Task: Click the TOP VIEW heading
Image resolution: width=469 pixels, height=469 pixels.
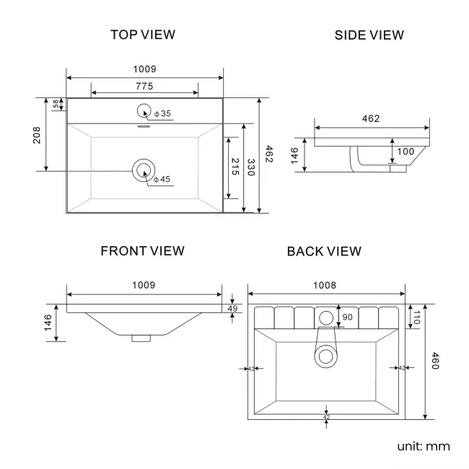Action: click(x=143, y=34)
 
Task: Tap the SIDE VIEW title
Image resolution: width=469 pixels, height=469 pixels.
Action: click(x=369, y=35)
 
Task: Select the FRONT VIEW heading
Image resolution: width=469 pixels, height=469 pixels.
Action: click(x=142, y=250)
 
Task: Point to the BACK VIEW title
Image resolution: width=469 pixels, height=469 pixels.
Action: click(x=324, y=251)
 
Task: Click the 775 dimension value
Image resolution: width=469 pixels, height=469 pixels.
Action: click(x=144, y=87)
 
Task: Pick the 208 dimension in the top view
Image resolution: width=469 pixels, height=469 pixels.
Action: click(x=37, y=135)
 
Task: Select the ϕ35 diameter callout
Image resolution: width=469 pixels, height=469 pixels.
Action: click(x=162, y=114)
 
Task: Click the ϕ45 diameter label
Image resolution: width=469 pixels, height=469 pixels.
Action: click(x=162, y=179)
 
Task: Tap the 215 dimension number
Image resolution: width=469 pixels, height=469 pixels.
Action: click(x=235, y=168)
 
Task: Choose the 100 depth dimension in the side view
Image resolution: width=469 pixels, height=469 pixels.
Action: click(x=406, y=152)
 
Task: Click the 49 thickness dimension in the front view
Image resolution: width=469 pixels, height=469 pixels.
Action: click(x=232, y=309)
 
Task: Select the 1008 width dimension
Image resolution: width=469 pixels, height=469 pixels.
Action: click(x=325, y=286)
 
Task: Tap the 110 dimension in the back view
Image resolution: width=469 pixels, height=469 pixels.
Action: click(x=416, y=317)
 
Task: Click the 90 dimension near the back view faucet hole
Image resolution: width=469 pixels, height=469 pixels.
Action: click(x=347, y=317)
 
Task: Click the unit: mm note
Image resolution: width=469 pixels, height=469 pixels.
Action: click(x=424, y=446)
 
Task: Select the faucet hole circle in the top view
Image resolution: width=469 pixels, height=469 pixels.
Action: click(x=144, y=111)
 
